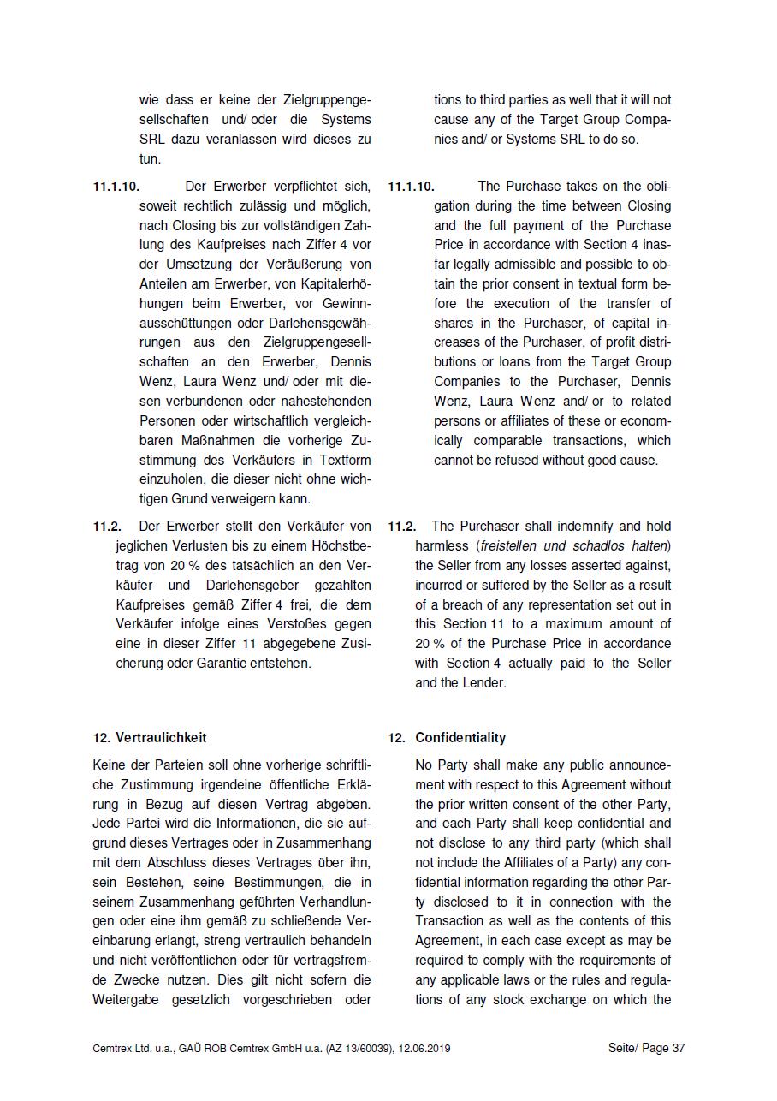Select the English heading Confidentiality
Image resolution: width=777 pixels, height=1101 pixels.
pyautogui.click(x=460, y=737)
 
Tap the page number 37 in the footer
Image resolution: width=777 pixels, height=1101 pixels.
pyautogui.click(x=679, y=1048)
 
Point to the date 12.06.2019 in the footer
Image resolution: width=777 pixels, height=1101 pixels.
pyautogui.click(x=424, y=1048)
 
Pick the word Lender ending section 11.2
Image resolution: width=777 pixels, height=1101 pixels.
pyautogui.click(x=485, y=683)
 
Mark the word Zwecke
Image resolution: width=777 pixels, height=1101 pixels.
pyautogui.click(x=136, y=979)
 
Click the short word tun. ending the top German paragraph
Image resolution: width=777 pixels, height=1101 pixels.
pyautogui.click(x=150, y=158)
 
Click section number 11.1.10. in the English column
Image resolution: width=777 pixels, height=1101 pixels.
pyautogui.click(x=411, y=186)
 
